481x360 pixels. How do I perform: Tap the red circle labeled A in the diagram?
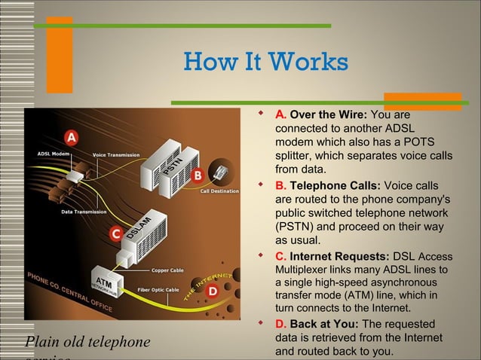[x=71, y=138]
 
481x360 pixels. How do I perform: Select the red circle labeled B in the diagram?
[x=198, y=175]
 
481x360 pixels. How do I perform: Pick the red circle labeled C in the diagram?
[x=115, y=234]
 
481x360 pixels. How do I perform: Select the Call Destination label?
[x=219, y=191]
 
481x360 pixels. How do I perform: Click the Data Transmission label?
[x=84, y=212]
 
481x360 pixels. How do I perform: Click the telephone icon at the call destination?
[x=221, y=172]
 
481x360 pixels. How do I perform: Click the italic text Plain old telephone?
[x=87, y=343]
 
